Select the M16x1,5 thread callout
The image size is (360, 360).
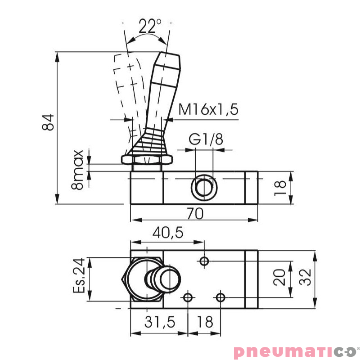pyautogui.click(x=207, y=109)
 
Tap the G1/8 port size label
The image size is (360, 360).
pyautogui.click(x=206, y=139)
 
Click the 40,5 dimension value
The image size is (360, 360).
pyautogui.click(x=168, y=233)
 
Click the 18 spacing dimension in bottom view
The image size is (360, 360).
pyautogui.click(x=205, y=322)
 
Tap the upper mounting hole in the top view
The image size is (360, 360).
pyautogui.click(x=205, y=261)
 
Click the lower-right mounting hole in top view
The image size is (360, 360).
pyautogui.click(x=220, y=297)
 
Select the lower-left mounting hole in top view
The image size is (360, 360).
pyautogui.click(x=188, y=297)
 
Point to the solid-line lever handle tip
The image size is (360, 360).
pyautogui.click(x=168, y=58)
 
